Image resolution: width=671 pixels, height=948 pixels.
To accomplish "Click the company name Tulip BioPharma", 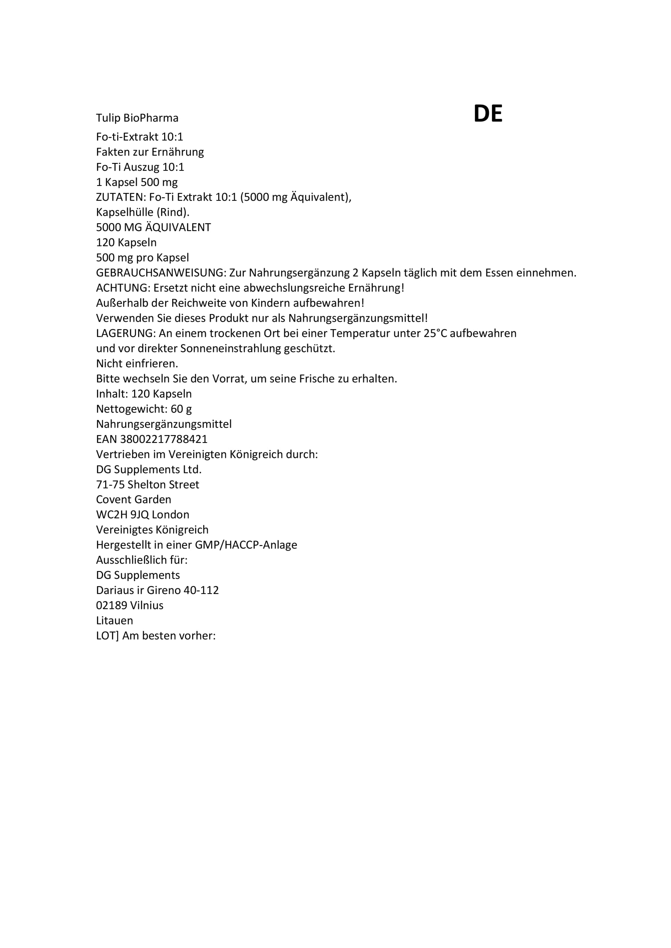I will pyautogui.click(x=137, y=118).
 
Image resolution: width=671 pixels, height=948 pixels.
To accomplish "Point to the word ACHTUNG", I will pyautogui.click(x=122, y=288).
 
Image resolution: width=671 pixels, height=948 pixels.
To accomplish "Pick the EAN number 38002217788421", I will pyautogui.click(x=164, y=439).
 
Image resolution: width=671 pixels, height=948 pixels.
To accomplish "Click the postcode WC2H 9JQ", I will pyautogui.click(x=122, y=514).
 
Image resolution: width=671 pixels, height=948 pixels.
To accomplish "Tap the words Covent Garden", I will pyautogui.click(x=133, y=500).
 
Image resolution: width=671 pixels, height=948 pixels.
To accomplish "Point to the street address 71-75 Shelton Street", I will pyautogui.click(x=147, y=484).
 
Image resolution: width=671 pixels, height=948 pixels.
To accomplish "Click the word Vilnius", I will pyautogui.click(x=147, y=605).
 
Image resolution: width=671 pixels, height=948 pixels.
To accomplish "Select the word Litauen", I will pyautogui.click(x=114, y=621).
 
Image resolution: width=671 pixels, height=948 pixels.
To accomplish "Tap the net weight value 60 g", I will pyautogui.click(x=181, y=409).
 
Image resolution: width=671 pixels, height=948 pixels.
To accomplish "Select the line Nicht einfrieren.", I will pyautogui.click(x=137, y=364).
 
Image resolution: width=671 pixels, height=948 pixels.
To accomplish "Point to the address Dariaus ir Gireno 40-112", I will pyautogui.click(x=157, y=590).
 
